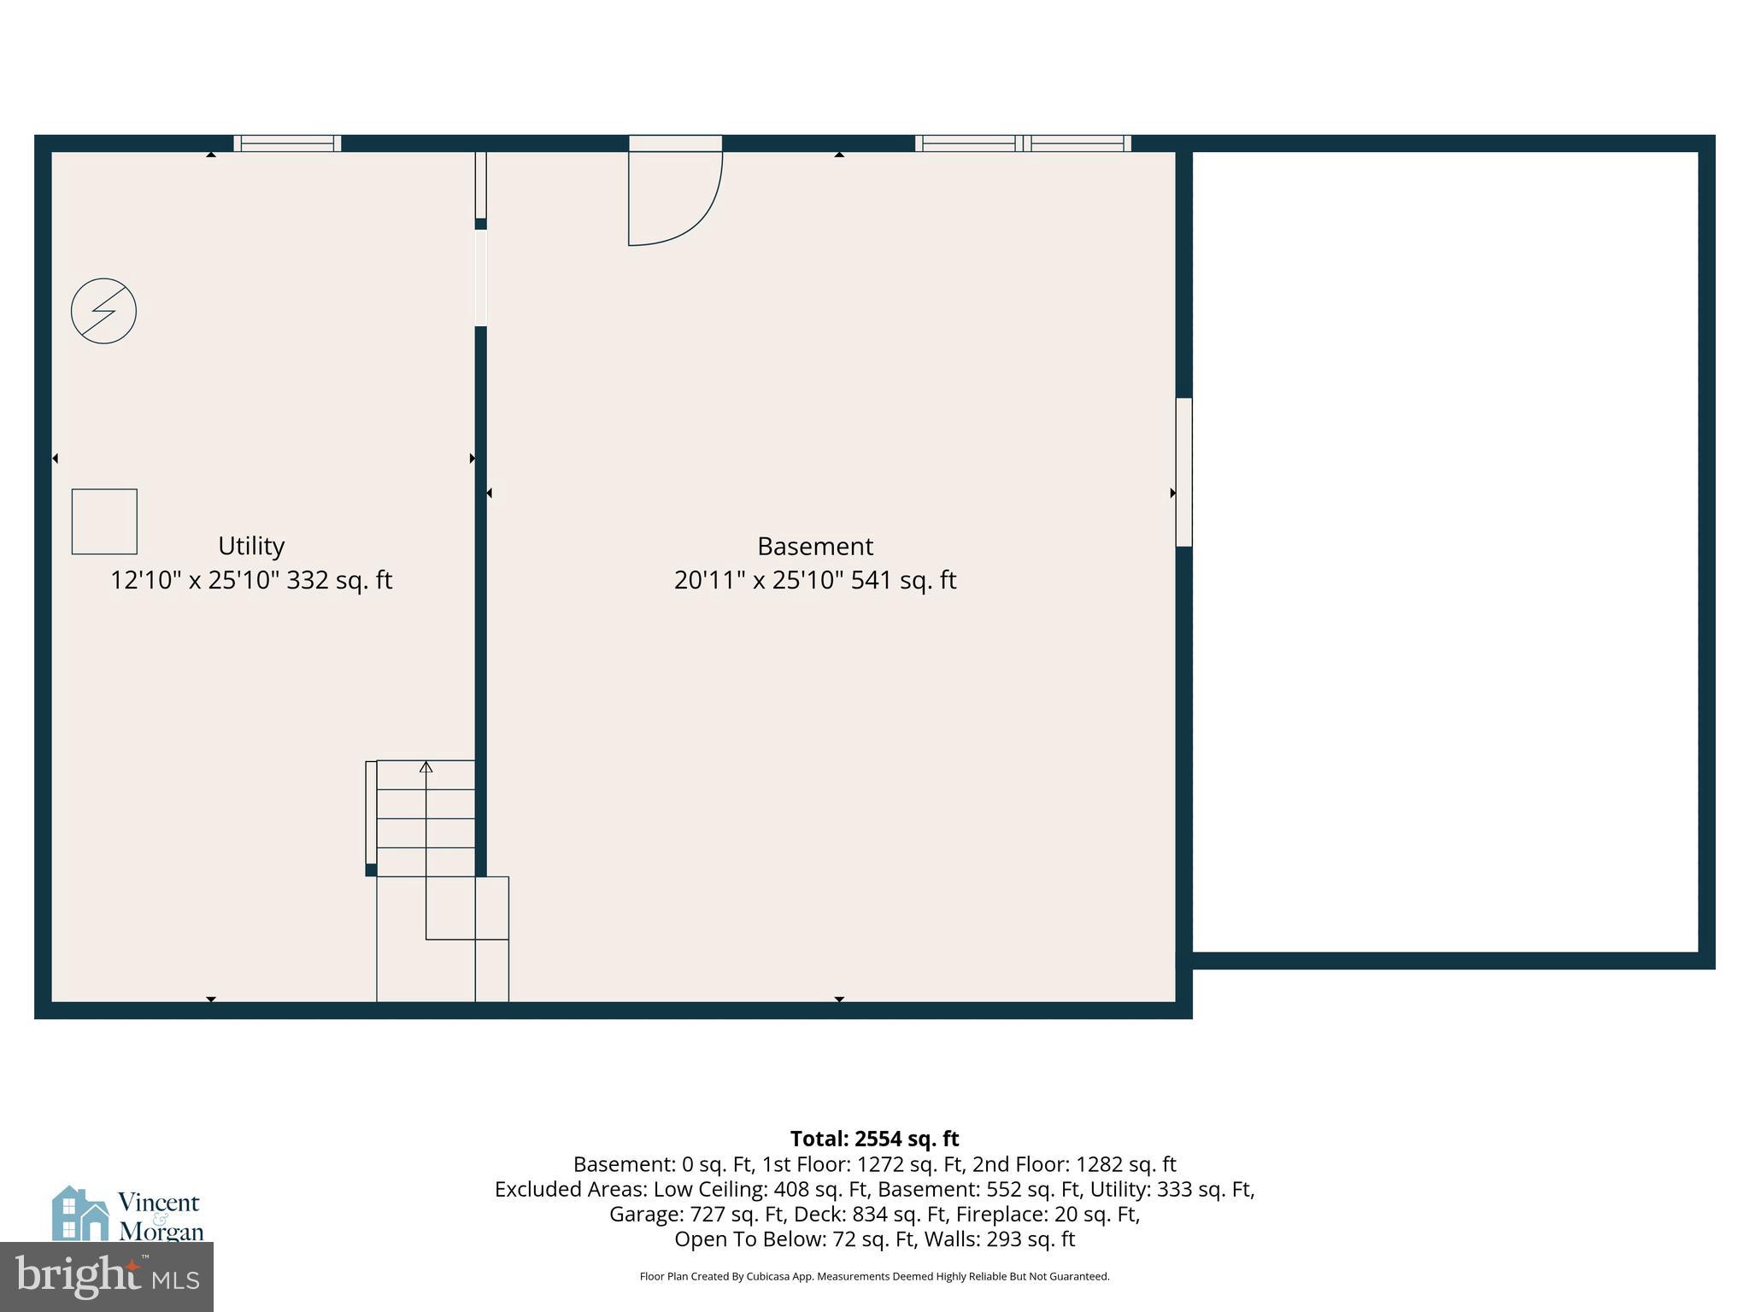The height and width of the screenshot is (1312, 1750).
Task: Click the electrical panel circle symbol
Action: click(x=103, y=311)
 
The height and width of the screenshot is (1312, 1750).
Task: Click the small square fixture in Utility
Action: click(x=104, y=521)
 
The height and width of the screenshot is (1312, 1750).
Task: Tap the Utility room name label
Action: click(x=250, y=546)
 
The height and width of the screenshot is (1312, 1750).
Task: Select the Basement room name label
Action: click(x=814, y=547)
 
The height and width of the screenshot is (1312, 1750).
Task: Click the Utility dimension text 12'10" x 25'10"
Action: click(x=195, y=581)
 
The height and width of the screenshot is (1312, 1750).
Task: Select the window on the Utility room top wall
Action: click(x=287, y=143)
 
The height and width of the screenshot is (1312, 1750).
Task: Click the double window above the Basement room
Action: click(x=1023, y=143)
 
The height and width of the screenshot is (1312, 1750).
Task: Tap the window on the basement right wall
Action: click(x=1183, y=471)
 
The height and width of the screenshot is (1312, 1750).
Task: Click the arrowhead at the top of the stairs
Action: click(x=426, y=767)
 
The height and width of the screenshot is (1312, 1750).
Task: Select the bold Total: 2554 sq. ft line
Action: click(x=874, y=1139)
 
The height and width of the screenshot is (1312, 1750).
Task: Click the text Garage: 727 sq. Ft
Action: click(x=697, y=1214)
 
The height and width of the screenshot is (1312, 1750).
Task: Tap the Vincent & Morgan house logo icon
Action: click(x=79, y=1213)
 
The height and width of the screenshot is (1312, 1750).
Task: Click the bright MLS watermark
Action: click(x=107, y=1277)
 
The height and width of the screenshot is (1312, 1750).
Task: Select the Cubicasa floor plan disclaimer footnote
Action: click(x=874, y=1277)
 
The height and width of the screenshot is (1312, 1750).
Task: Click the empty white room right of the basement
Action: click(x=1444, y=551)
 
